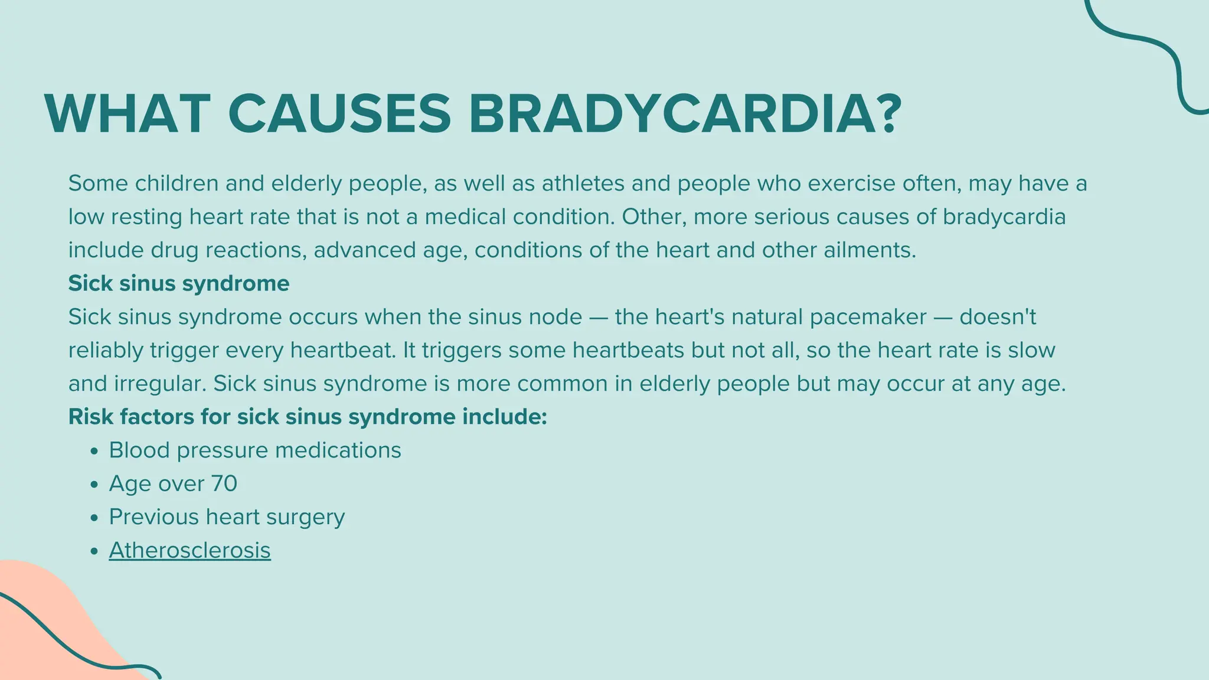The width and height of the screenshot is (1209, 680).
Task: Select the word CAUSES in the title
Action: (339, 114)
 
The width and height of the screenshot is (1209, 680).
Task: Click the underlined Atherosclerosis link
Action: (189, 550)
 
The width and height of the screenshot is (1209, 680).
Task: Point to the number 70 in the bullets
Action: (224, 483)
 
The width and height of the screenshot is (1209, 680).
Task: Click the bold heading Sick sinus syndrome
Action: (179, 283)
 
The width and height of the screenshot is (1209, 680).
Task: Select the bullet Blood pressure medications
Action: (254, 450)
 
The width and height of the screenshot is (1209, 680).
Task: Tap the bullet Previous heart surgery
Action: (227, 517)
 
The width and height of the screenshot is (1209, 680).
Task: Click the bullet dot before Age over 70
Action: (94, 485)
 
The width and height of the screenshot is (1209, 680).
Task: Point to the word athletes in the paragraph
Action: (583, 184)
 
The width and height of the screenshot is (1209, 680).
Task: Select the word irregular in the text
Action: (159, 384)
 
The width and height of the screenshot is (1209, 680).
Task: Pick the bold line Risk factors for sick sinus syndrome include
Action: (308, 417)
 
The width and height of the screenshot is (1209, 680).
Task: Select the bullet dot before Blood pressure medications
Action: (94, 452)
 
